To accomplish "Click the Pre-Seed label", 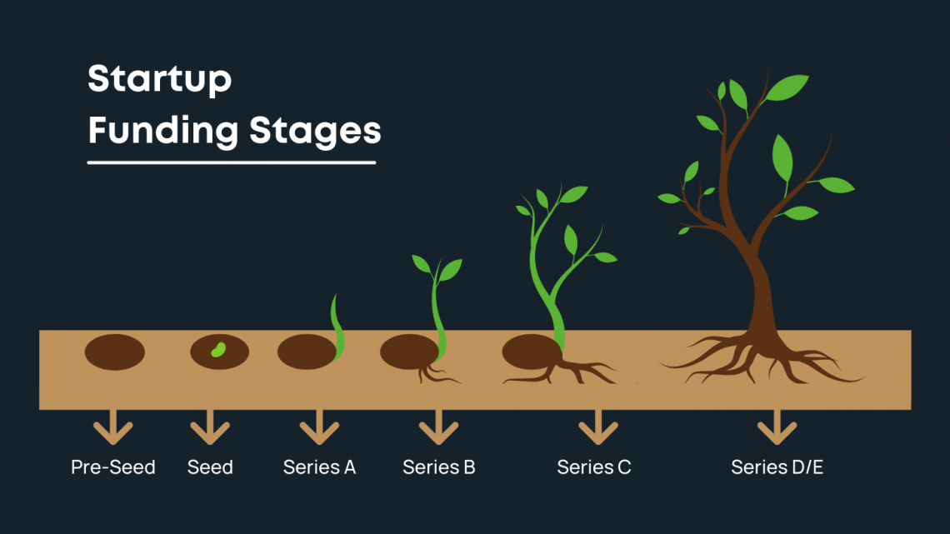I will pyautogui.click(x=113, y=467).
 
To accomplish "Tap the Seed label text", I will pyautogui.click(x=210, y=467).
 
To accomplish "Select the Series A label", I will pyautogui.click(x=319, y=467).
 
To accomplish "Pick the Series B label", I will pyautogui.click(x=438, y=467).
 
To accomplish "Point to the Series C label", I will pyautogui.click(x=593, y=467).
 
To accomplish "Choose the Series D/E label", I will pyautogui.click(x=777, y=467).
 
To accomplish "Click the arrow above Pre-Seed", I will pyautogui.click(x=113, y=430).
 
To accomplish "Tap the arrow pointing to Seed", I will pyautogui.click(x=210, y=430).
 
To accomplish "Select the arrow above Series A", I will pyautogui.click(x=319, y=430).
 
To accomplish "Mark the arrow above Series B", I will pyautogui.click(x=438, y=430).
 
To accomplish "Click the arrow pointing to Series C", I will pyautogui.click(x=597, y=430).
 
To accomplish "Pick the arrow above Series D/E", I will pyautogui.click(x=777, y=430).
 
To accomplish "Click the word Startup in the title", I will pyautogui.click(x=159, y=80).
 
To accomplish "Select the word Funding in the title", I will pyautogui.click(x=163, y=132).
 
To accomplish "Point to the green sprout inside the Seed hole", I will pyautogui.click(x=218, y=349).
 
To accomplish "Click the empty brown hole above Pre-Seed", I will pyautogui.click(x=115, y=352).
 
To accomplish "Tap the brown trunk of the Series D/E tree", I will pyautogui.click(x=761, y=300).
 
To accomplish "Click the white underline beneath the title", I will pyautogui.click(x=232, y=162).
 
